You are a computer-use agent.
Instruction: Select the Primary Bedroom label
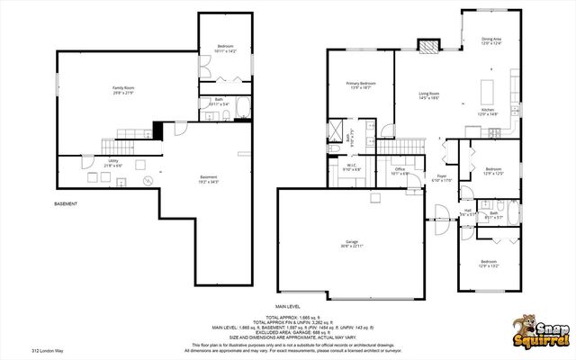point(361,85)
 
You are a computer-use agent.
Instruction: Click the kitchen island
point(490,91)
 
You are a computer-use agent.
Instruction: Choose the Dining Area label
point(491,40)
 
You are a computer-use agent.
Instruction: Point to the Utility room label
point(88,163)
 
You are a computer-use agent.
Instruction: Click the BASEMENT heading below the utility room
point(66,204)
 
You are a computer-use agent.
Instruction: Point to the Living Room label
point(428,94)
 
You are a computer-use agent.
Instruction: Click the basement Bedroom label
point(225,48)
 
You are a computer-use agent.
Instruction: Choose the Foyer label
point(442,177)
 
